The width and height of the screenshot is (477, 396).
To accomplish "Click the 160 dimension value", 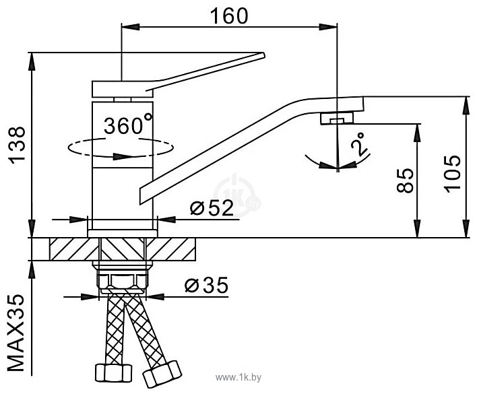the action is click(229, 16).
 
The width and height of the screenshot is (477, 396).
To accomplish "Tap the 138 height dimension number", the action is click(18, 145).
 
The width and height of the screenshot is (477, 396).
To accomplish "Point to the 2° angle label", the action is click(358, 143).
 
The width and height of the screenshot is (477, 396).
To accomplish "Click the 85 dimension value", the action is click(406, 180).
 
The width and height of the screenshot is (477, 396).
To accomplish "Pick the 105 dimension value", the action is click(452, 174).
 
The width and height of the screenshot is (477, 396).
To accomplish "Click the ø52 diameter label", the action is click(212, 208).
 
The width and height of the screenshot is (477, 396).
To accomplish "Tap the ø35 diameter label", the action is click(206, 286).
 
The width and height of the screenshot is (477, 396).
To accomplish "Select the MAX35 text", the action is click(15, 333).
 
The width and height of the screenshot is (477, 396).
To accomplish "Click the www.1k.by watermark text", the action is click(238, 377).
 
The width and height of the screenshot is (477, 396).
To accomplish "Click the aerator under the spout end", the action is click(337, 119).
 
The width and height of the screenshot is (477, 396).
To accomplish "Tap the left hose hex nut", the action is click(113, 373).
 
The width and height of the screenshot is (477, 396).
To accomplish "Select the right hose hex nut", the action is click(162, 374).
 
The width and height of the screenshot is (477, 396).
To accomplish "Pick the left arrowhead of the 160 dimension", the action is click(131, 27).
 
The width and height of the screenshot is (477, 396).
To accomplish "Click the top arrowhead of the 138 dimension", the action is click(32, 63).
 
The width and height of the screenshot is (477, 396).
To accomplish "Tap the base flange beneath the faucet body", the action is click(123, 233).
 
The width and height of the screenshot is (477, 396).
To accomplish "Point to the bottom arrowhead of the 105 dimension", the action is click(466, 228).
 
